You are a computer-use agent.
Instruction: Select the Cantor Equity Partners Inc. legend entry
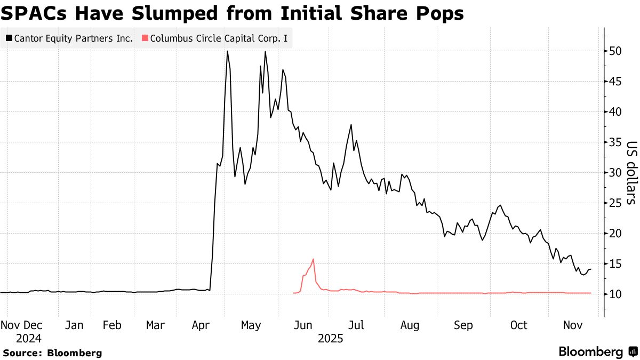[69, 38]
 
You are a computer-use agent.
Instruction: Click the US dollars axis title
[631, 173]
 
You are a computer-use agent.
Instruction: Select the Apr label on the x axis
[200, 325]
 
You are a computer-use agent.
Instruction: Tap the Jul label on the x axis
[356, 325]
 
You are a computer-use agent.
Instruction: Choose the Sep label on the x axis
[463, 325]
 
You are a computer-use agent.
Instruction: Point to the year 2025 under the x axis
[330, 338]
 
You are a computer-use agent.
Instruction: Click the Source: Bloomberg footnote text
[52, 353]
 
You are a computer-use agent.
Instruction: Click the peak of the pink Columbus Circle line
[313, 259]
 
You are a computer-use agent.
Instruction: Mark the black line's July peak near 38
[351, 125]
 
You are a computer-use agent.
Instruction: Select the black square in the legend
[9, 38]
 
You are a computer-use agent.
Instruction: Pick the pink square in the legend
[145, 38]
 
